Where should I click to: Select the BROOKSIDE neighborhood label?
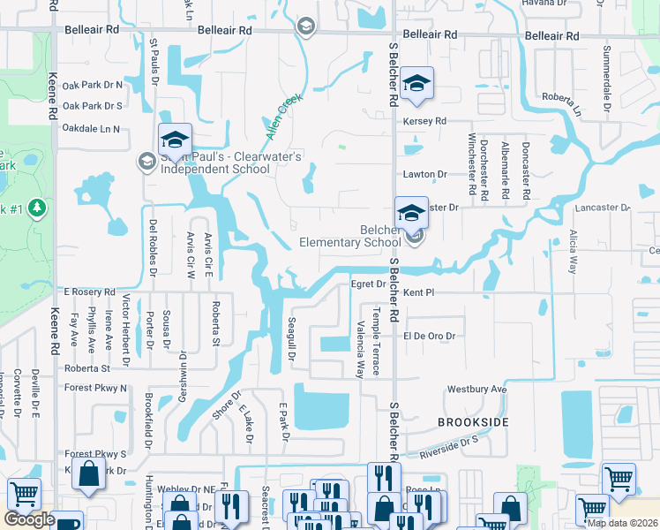coord(473,423)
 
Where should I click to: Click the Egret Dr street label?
coord(368,284)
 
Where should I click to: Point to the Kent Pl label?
coord(419,291)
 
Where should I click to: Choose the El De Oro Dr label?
coord(429,337)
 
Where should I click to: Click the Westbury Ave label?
coord(477,389)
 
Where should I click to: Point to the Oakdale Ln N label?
coord(91,129)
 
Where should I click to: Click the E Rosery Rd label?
coord(89,291)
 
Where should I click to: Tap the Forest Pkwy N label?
coord(95,388)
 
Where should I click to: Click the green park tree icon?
coord(36,208)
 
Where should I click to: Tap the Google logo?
coord(29,519)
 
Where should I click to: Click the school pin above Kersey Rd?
coord(416,85)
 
